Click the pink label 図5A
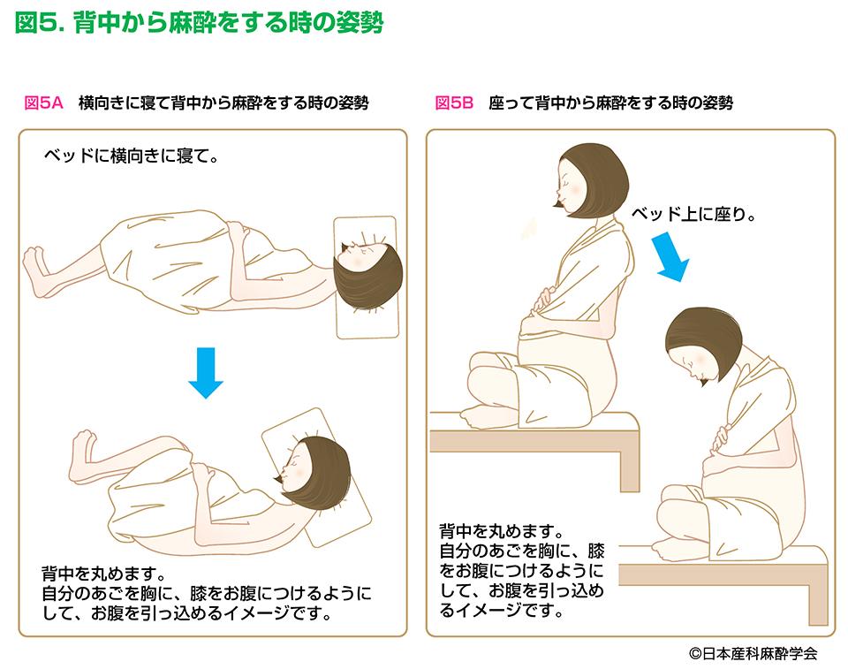coord(44,103)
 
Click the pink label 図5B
coord(454,103)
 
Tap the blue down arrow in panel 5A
coord(206,373)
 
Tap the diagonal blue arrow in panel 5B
coord(671,256)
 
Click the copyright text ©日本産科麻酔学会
coord(753,653)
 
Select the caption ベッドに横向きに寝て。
coord(132,156)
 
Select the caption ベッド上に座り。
coord(694,215)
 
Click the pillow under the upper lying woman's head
coord(366,277)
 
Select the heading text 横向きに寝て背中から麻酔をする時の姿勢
coord(223,103)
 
